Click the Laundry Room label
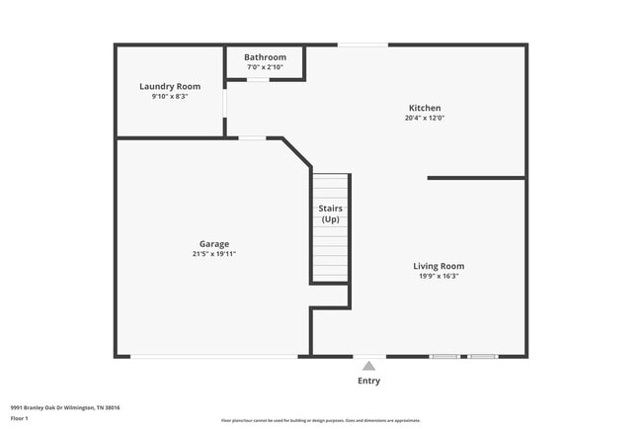click(x=170, y=87)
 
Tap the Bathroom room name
click(x=265, y=57)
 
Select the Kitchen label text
click(x=425, y=108)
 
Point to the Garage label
click(x=213, y=243)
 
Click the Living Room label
click(x=439, y=266)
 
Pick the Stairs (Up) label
click(x=330, y=214)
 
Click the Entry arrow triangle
click(x=368, y=366)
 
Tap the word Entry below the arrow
click(x=368, y=381)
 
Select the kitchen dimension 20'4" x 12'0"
click(x=425, y=119)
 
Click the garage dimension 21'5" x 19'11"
click(x=213, y=254)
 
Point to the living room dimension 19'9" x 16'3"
click(x=439, y=277)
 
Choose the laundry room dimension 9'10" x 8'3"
click(x=170, y=97)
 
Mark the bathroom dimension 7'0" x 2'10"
click(x=265, y=67)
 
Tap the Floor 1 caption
click(x=20, y=418)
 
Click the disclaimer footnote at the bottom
click(x=321, y=420)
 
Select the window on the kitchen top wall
click(x=362, y=44)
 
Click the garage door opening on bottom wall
click(x=217, y=356)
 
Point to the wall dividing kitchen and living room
click(x=476, y=178)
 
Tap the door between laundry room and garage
click(x=252, y=138)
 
